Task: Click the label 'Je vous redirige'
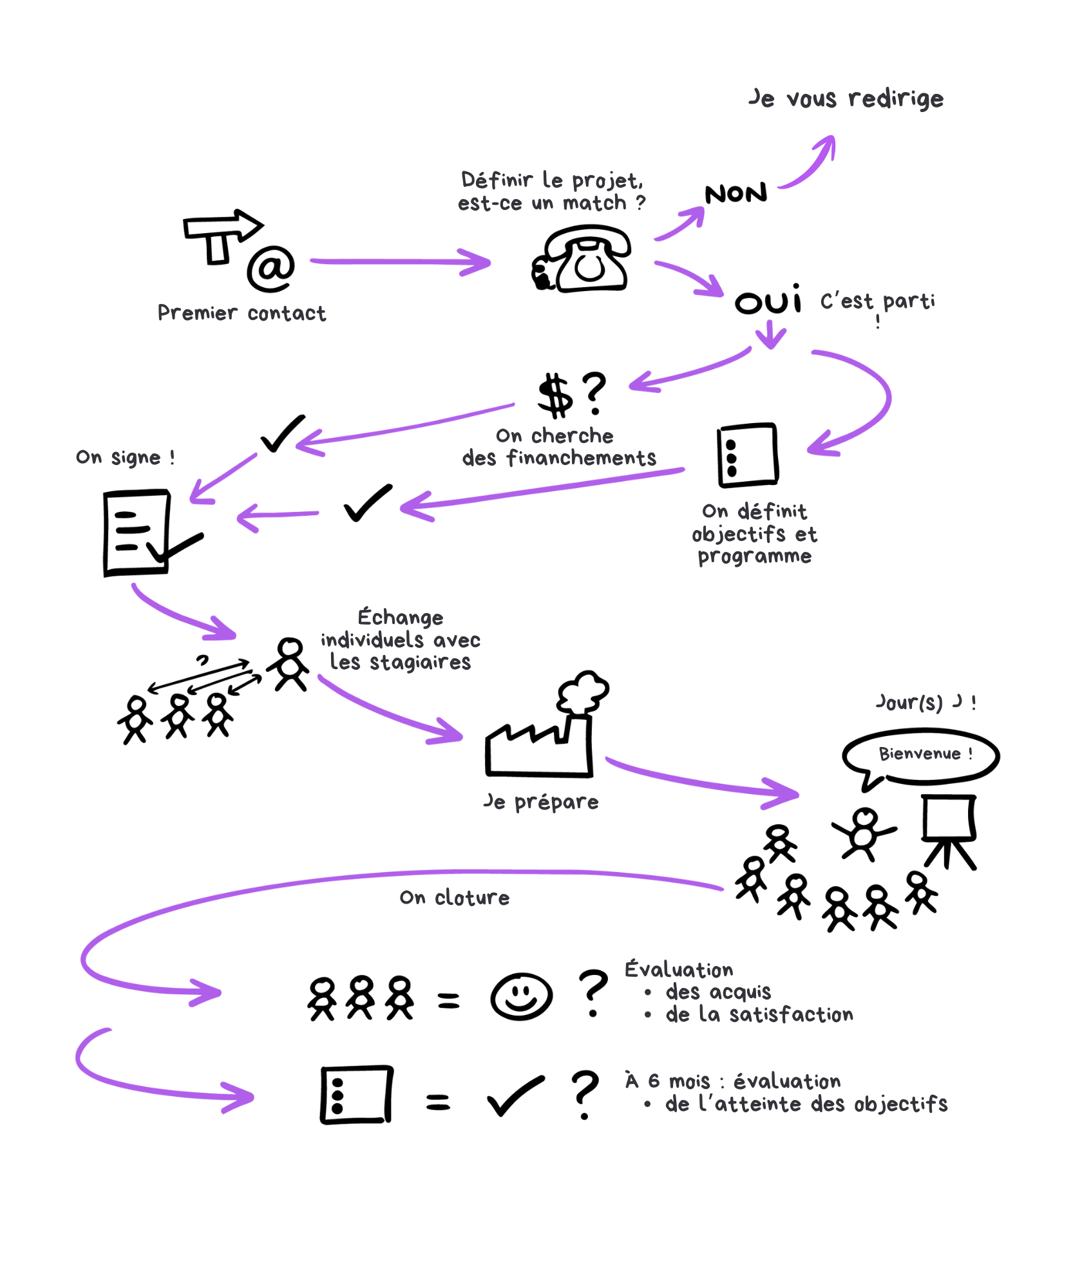(x=846, y=99)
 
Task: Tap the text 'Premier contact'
(x=242, y=313)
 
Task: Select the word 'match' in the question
(x=594, y=204)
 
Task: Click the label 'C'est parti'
(x=877, y=301)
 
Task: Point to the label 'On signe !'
(x=125, y=457)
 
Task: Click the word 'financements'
(x=581, y=458)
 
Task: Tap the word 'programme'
(x=754, y=556)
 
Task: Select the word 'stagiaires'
(x=420, y=663)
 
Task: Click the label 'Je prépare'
(x=541, y=802)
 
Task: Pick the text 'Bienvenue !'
(x=925, y=753)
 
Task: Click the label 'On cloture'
(x=454, y=898)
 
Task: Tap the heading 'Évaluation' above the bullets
(x=679, y=970)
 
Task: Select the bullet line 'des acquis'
(x=718, y=992)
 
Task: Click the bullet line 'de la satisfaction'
(x=759, y=1015)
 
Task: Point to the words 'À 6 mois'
(x=667, y=1081)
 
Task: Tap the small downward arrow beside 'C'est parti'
(x=770, y=334)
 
